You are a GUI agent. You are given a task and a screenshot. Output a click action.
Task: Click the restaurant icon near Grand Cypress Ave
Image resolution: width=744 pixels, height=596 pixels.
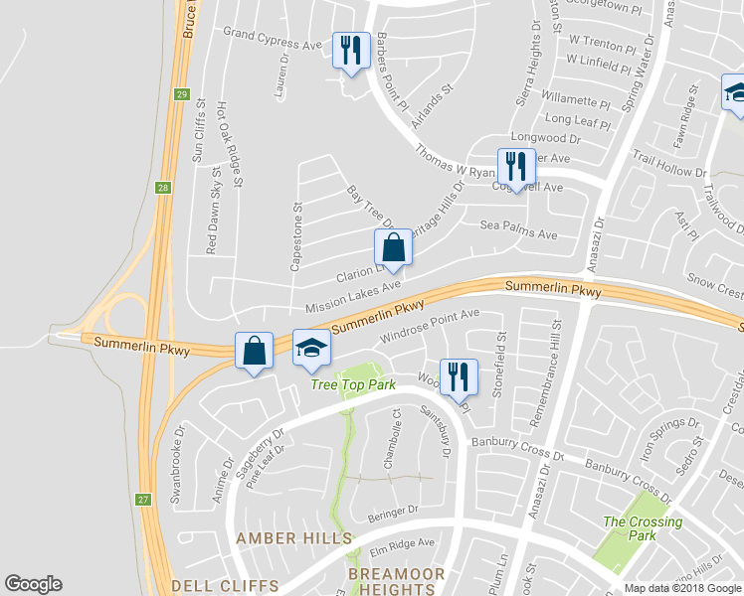tap(349, 50)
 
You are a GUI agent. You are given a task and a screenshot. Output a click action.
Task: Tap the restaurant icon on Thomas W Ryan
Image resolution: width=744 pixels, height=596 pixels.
tap(515, 165)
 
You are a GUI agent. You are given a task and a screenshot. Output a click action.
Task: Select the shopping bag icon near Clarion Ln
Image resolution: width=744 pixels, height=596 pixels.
tap(393, 246)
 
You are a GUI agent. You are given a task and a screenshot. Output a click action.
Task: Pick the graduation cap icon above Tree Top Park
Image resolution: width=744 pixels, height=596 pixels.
tap(311, 348)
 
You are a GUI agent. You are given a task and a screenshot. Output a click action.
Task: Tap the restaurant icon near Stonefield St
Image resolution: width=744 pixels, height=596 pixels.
tap(458, 376)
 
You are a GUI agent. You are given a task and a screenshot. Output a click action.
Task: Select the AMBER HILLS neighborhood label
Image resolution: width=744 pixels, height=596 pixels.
tap(293, 537)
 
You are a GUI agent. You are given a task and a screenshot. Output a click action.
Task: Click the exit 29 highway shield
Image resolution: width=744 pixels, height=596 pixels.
tap(182, 94)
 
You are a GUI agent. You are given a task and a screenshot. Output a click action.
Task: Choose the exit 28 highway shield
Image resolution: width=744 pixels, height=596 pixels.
tap(162, 188)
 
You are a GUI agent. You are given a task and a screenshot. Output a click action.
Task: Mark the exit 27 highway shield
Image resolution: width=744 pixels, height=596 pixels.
tap(144, 500)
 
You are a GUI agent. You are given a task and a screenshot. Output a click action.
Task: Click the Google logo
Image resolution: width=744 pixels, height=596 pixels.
tap(33, 584)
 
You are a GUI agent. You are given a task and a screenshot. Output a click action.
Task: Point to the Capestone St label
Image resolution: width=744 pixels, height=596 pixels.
tap(295, 237)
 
